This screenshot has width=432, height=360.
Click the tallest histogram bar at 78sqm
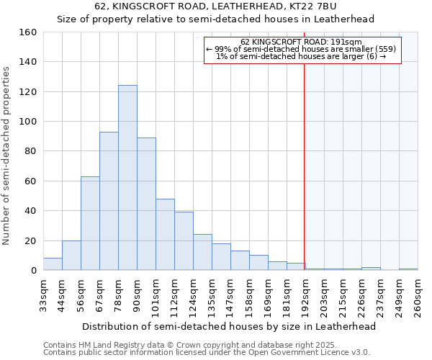(127, 178)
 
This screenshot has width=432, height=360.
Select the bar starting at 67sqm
(109, 201)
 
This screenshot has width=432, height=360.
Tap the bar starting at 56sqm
(90, 223)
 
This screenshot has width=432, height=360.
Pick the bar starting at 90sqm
(146, 204)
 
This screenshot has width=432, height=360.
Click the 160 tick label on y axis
(27, 32)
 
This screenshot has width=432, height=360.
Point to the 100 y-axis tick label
(27, 122)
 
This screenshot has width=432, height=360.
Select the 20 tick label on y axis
(30, 240)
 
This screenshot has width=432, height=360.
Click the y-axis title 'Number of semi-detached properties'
(6, 151)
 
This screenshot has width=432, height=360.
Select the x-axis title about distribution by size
(229, 326)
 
